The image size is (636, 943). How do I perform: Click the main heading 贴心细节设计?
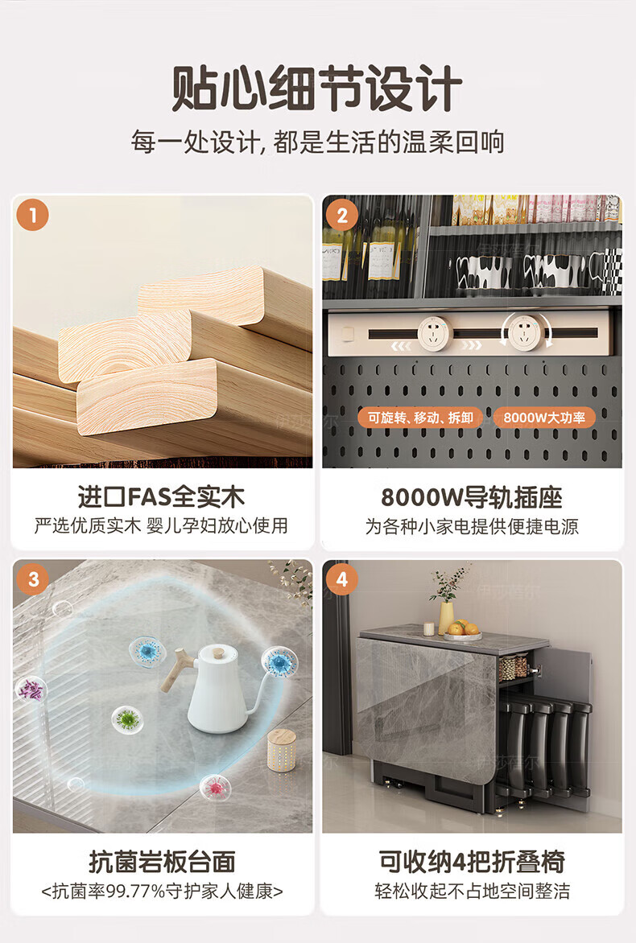317,89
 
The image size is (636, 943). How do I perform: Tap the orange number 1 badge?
32,216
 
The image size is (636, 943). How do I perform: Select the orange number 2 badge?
342,216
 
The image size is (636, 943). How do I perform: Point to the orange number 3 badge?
32,579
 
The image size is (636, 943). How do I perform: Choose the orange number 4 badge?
342,579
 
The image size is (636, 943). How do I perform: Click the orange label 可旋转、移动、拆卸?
420,418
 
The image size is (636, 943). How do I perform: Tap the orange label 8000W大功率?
544,418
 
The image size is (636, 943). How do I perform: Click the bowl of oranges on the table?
463,630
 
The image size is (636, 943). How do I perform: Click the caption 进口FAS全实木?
161,496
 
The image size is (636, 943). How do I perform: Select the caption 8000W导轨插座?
472,497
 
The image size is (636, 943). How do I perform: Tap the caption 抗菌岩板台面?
162,862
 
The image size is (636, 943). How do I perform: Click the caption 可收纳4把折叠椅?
472,862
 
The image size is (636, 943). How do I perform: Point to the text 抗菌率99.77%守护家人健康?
162,891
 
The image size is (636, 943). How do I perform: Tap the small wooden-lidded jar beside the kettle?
281,750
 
